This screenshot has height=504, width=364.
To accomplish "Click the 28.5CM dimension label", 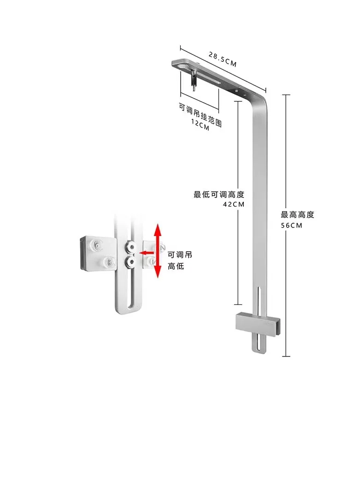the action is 223,59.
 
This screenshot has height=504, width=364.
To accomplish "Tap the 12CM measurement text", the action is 200,125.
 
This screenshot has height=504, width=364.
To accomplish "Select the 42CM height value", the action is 234,204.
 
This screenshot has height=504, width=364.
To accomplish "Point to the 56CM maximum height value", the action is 292,225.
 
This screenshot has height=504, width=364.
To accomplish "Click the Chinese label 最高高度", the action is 297,215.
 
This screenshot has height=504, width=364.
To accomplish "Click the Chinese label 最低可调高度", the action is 219,195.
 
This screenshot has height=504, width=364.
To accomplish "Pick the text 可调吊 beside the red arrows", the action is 180,255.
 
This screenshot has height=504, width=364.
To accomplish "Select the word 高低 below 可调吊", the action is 176,266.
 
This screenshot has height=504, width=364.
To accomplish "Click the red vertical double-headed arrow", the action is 158,251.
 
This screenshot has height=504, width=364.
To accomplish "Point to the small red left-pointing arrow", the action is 146,253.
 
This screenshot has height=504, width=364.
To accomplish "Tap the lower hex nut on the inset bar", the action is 131,262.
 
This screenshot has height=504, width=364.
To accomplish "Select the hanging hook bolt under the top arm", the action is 194,80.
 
